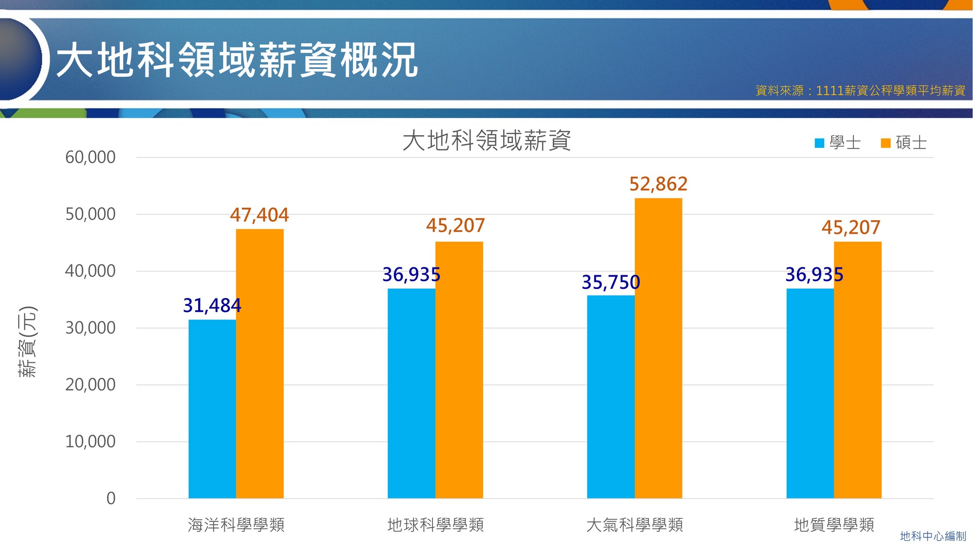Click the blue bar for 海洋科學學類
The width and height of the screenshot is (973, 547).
tap(212, 408)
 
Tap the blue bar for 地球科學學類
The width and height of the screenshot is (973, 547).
tap(411, 393)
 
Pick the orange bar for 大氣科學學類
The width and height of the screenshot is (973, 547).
tap(658, 348)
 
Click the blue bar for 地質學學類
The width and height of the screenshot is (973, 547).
tap(810, 393)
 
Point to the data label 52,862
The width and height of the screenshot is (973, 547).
tap(658, 184)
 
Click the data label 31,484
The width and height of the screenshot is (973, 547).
tap(212, 305)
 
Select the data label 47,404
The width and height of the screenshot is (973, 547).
tap(259, 215)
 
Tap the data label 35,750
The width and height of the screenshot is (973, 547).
tap(611, 282)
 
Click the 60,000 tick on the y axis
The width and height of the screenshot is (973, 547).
tap(90, 157)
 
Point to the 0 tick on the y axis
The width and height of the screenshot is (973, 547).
tap(111, 498)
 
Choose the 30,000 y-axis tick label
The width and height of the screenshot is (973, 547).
tap(90, 328)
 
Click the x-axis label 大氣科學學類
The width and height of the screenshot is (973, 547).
tap(634, 525)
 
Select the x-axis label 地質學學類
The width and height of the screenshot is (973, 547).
tap(834, 525)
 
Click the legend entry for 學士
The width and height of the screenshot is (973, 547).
tap(838, 143)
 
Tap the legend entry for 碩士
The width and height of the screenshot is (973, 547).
tap(904, 143)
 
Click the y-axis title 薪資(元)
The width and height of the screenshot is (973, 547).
tap(27, 342)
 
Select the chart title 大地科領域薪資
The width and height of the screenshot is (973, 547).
tap(486, 141)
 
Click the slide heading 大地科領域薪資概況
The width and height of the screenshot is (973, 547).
tap(237, 60)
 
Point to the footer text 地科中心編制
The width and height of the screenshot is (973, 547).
tap(933, 536)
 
